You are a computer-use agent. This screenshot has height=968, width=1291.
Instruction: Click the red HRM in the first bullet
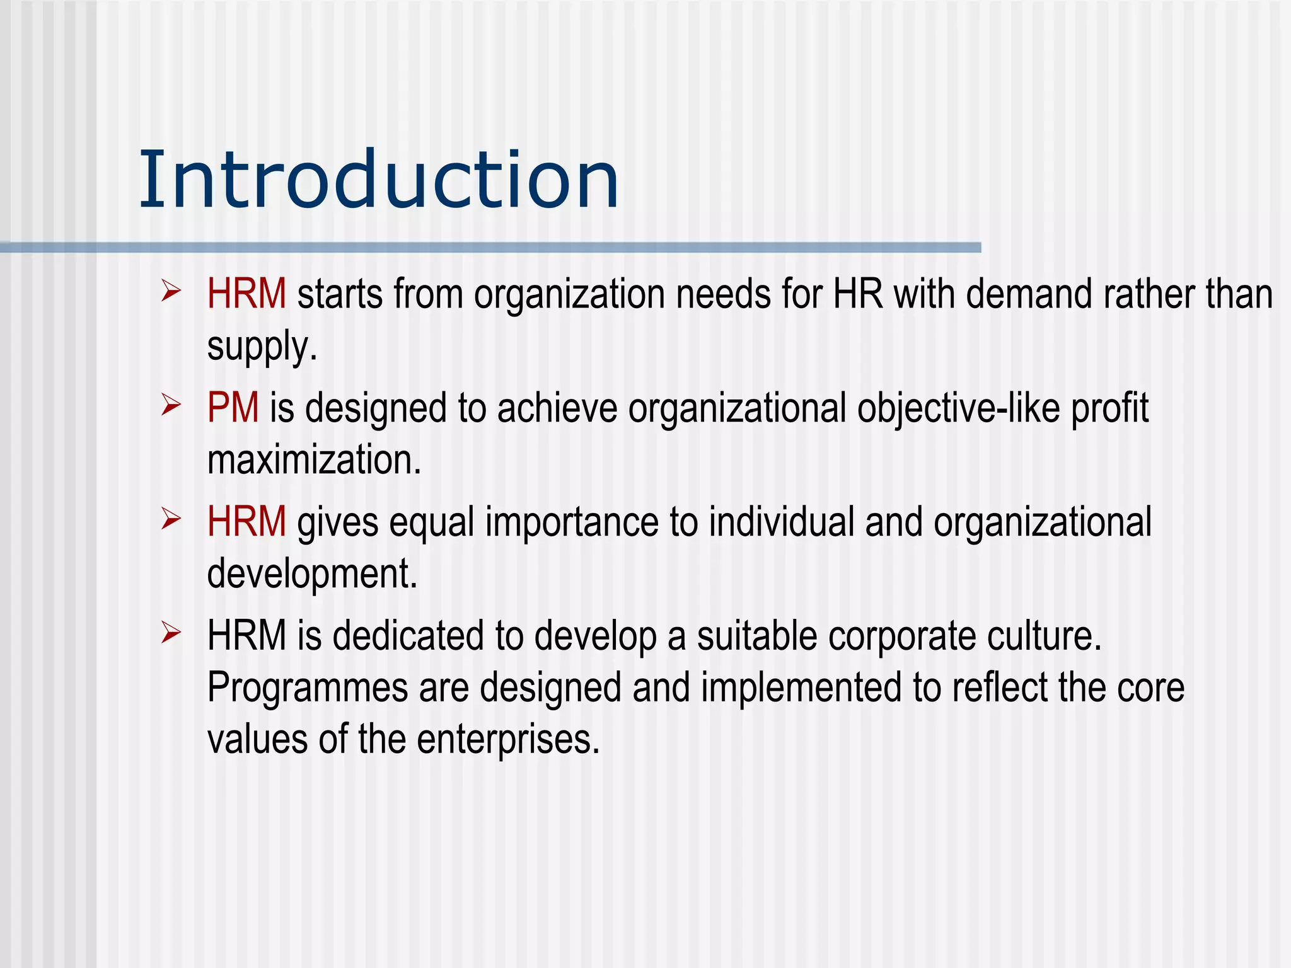coord(246,294)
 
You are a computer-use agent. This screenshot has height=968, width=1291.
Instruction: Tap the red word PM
coord(233,408)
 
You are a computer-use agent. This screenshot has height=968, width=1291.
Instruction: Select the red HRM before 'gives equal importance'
coord(246,522)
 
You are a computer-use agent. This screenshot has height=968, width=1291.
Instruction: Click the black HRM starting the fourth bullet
coord(246,635)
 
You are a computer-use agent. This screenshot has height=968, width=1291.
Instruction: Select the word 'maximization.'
coord(314,460)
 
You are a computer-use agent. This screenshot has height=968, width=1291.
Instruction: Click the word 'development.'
coord(312,574)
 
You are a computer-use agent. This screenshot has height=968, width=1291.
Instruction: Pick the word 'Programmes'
coord(308,688)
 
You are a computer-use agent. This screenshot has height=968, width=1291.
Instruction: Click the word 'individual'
coord(782,522)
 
